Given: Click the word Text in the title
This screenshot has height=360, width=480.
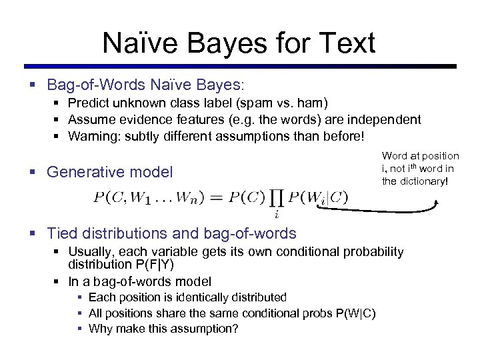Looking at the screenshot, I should coord(346,43).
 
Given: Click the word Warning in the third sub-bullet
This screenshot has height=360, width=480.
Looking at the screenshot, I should coord(91,137).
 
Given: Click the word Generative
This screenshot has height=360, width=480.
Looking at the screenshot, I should coord(84,172).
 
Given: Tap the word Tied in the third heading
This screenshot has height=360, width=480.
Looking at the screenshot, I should coord(61,233).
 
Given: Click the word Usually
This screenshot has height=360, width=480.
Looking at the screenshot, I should coord(90,251).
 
